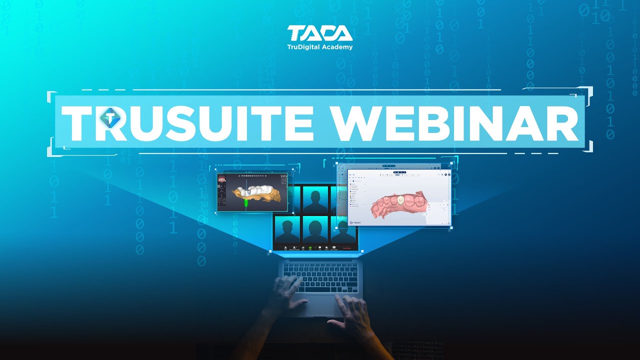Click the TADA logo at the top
pyautogui.click(x=319, y=33)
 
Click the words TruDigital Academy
pyautogui.click(x=319, y=47)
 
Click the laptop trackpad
pyautogui.click(x=320, y=305)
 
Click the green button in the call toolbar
pyautogui.click(x=310, y=247)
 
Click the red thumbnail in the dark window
pyautogui.click(x=221, y=178)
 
